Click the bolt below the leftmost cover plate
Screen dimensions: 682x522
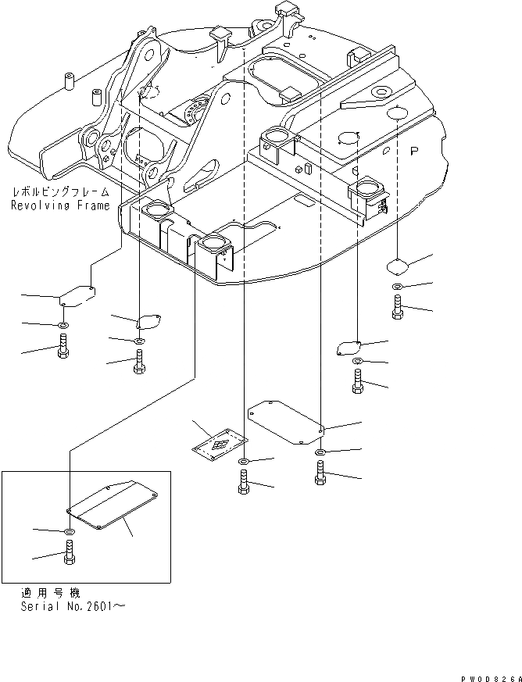(x=63, y=348)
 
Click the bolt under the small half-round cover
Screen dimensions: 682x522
(x=138, y=362)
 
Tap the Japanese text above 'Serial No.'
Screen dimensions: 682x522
(x=50, y=593)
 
